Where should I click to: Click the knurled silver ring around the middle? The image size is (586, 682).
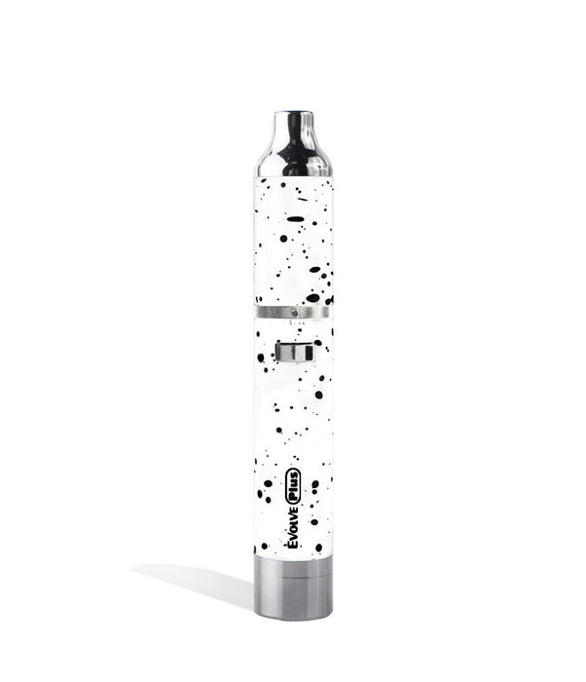coord(293,312)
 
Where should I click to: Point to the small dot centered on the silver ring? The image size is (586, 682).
coord(293,312)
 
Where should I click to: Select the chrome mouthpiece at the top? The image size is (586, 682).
coord(293,146)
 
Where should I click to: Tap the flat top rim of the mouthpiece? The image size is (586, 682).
coord(293,114)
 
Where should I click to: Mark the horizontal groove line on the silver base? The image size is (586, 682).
coord(293,581)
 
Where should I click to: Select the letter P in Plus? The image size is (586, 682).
coord(293,497)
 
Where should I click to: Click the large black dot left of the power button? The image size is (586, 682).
coord(261,358)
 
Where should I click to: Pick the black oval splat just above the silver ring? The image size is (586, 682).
coord(312,297)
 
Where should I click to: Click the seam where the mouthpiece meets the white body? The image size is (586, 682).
coord(293,177)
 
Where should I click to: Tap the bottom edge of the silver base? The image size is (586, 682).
coord(293,617)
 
